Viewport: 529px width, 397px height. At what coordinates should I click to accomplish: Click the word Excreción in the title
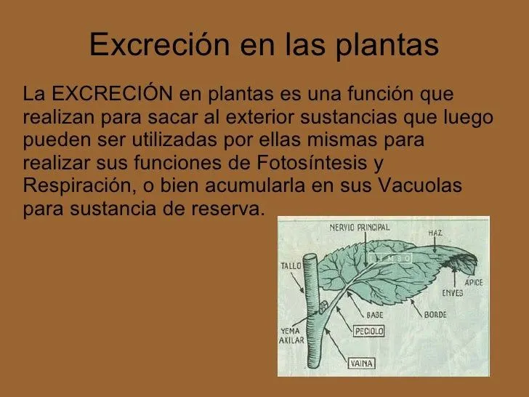point(150,45)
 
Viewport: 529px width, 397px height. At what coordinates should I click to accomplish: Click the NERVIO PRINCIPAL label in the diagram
point(360,228)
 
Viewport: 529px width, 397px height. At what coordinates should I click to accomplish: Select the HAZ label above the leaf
point(435,233)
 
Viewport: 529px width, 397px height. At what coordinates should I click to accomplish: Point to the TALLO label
point(291,265)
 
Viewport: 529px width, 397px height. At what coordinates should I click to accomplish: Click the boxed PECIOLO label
point(368,332)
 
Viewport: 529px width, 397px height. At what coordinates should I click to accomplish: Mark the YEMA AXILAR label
point(292,337)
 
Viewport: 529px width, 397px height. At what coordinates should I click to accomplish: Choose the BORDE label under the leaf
point(435,315)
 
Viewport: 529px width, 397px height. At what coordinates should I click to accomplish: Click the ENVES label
point(451,293)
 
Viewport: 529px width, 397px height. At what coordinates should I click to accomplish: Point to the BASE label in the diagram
point(375,314)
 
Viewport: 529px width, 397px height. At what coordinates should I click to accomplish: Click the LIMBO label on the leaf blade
point(389,258)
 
